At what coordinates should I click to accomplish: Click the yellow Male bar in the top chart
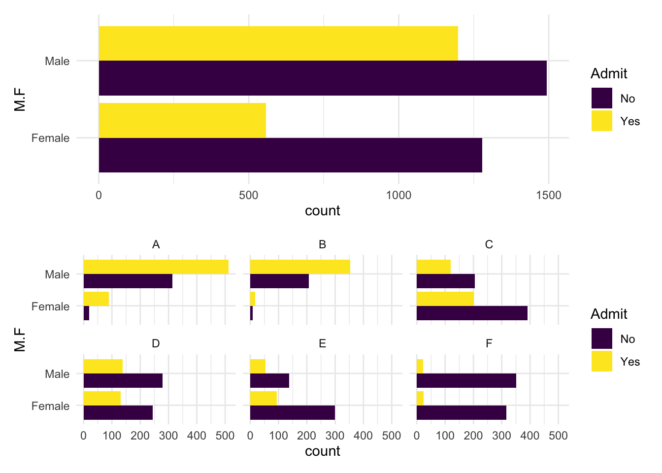(x=278, y=43)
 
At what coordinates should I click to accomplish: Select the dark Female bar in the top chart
(x=290, y=155)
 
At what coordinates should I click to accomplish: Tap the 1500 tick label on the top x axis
(x=548, y=195)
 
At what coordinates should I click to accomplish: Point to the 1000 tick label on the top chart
(x=398, y=195)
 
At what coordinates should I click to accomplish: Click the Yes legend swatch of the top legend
(x=601, y=121)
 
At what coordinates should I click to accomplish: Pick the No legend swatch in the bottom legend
(x=601, y=338)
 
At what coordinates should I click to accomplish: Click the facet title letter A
(x=156, y=245)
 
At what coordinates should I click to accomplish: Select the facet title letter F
(x=489, y=343)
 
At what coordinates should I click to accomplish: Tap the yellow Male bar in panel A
(x=156, y=267)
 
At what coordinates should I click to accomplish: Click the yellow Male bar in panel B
(x=300, y=267)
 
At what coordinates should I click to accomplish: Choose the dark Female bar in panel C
(x=472, y=313)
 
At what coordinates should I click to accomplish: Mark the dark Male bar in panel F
(x=466, y=380)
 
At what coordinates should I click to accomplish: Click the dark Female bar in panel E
(x=292, y=412)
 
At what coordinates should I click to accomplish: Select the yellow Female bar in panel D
(x=102, y=398)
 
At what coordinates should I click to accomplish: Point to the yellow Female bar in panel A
(x=96, y=299)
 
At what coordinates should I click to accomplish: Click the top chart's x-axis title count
(x=323, y=211)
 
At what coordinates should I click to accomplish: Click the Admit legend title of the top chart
(x=609, y=74)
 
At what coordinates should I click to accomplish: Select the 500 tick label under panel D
(x=225, y=436)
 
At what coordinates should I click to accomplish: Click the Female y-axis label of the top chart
(x=50, y=138)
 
